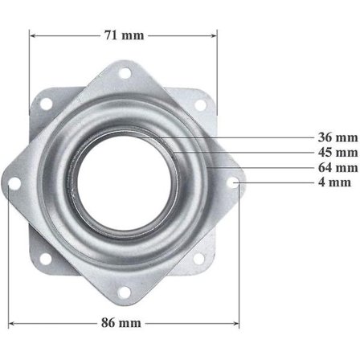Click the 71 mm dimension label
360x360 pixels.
[x=124, y=35]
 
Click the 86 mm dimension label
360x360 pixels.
[x=121, y=323]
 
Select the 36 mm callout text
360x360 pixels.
[x=337, y=137]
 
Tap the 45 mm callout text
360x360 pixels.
[x=337, y=153]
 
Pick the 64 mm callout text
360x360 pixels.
[x=337, y=168]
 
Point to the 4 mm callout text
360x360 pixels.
[x=334, y=182]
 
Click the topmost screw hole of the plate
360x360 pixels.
[x=125, y=73]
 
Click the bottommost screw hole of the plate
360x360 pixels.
[x=124, y=292]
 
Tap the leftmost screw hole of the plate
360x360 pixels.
[x=14, y=183]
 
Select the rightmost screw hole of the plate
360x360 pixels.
[x=233, y=182]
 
